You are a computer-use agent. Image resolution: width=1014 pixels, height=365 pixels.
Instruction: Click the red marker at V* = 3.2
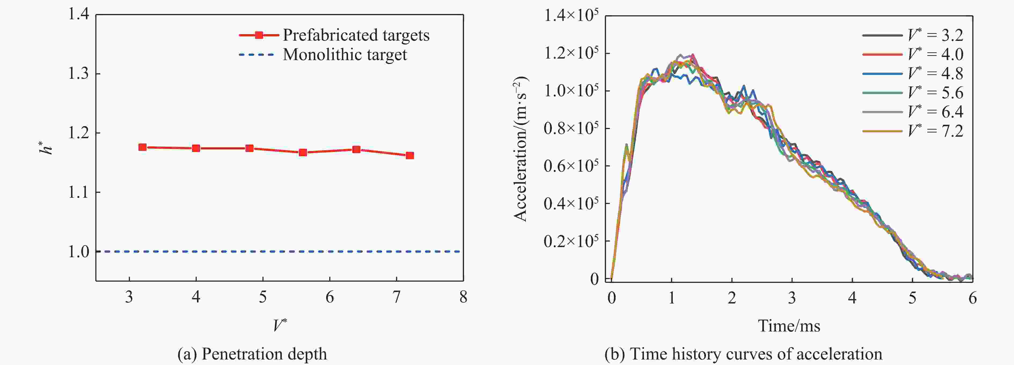(142, 147)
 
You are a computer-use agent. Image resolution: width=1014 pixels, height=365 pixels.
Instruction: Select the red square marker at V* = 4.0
(196, 148)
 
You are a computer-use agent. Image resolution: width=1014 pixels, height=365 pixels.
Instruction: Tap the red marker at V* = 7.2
(410, 156)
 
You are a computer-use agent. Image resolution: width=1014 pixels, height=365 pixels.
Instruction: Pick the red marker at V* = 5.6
(303, 153)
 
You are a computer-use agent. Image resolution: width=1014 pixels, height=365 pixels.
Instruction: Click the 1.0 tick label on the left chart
(79, 252)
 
